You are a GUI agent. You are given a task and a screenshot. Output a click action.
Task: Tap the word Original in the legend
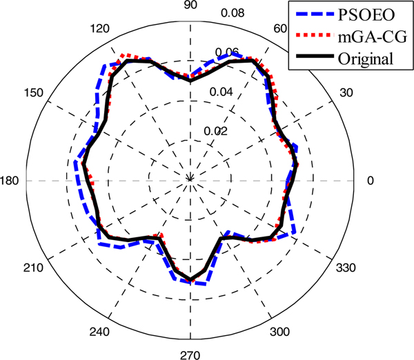click(366, 57)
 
